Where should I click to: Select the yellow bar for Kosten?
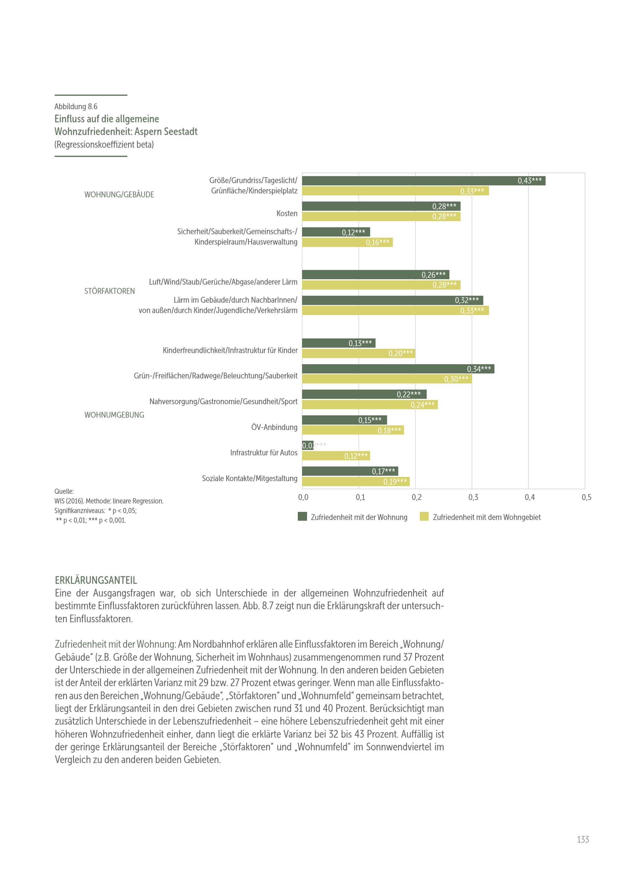381,217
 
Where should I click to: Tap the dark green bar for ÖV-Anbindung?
344,420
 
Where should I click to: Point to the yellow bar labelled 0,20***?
358,353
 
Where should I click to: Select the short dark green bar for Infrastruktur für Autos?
307,446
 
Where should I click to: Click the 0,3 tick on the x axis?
473,497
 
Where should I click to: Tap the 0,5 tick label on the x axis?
586,497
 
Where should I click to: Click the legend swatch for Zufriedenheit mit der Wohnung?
302,517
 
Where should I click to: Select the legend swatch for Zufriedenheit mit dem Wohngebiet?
424,517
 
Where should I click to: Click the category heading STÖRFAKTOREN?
109,291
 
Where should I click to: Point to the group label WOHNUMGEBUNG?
114,415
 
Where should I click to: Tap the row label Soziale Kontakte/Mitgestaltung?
249,478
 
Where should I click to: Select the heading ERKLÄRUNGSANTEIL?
96,580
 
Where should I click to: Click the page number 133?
583,840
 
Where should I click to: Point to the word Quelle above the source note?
64,491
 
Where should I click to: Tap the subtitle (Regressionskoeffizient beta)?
104,145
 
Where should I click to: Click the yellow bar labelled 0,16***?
347,242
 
